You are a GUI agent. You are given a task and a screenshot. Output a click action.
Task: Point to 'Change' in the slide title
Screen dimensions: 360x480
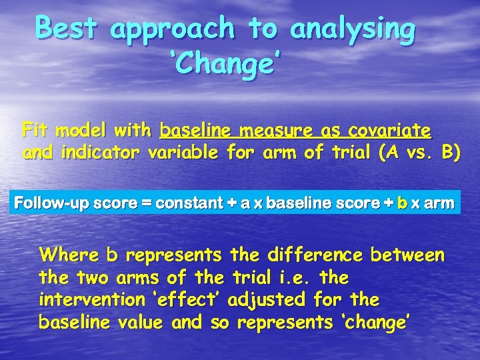(x=225, y=65)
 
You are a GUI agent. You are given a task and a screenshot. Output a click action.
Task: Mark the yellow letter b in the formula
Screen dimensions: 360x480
(x=401, y=203)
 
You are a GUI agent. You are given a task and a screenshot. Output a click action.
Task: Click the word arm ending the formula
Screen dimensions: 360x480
(x=439, y=203)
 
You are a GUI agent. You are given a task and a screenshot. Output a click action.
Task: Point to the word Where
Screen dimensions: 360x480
(x=69, y=255)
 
